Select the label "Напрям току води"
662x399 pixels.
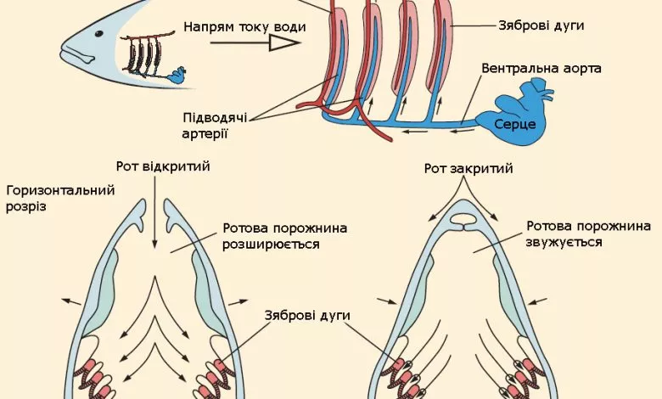244,26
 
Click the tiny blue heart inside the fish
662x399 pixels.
179,76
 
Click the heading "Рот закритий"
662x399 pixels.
468,168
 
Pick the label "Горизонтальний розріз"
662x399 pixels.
59,198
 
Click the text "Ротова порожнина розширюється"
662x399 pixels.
284,236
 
